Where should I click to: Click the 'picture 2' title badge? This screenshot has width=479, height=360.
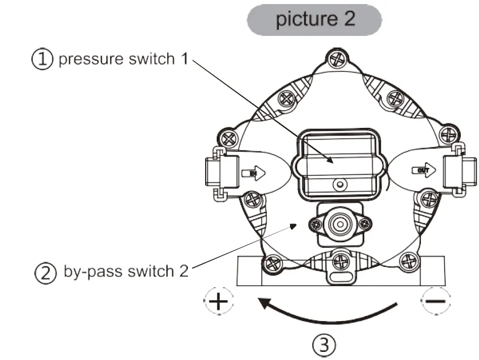314,19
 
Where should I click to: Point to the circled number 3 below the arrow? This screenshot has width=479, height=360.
324,345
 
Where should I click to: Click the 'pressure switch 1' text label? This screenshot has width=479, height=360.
123,59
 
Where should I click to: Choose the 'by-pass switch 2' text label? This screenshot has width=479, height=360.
126,272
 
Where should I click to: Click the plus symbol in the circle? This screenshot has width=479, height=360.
219,302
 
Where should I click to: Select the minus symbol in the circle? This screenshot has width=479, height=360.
435,301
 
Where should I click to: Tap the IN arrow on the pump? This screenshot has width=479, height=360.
253,173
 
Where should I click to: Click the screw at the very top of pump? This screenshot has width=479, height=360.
336,59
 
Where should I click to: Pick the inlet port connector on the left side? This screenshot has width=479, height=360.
220,172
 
